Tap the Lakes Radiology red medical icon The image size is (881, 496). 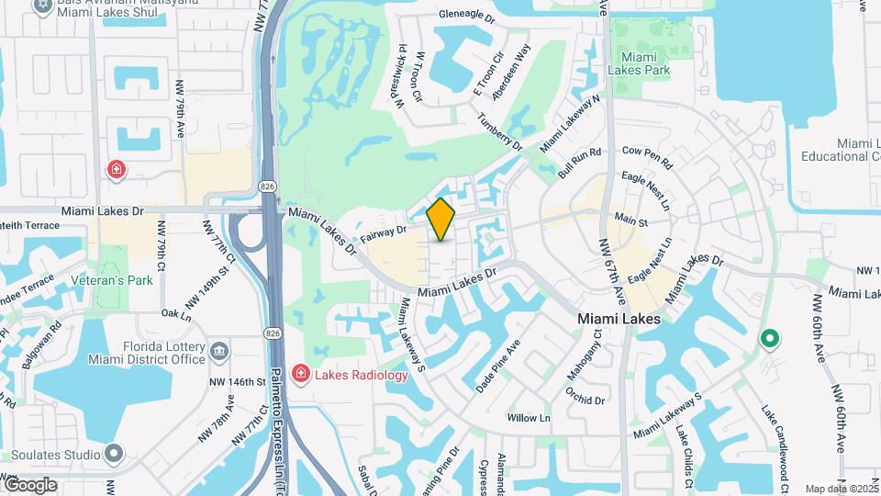(x=300, y=373)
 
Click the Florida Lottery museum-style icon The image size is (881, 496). (x=219, y=351)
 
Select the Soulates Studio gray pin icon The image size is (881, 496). (x=113, y=454)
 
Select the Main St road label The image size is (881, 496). (x=631, y=221)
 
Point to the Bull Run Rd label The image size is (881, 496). (x=579, y=163)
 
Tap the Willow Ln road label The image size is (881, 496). (x=529, y=418)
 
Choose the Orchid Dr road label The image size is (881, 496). (x=585, y=395)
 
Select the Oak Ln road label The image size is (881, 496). (x=175, y=313)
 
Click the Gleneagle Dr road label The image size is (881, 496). (x=467, y=17)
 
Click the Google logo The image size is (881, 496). (x=30, y=484)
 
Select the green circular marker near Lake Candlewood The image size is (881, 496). (x=769, y=340)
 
